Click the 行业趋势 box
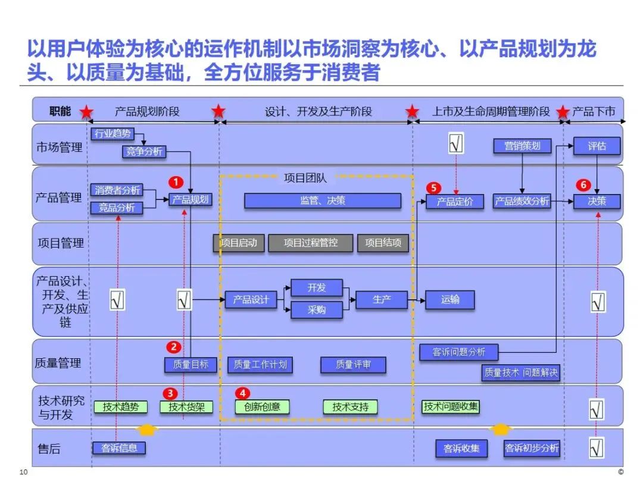114,133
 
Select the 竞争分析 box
143,151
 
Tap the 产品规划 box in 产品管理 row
191,200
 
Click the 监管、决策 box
322,201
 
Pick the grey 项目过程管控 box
310,243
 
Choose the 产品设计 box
251,300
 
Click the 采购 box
317,310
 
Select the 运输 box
450,300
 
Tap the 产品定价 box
455,202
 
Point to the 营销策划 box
522,145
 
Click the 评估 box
597,146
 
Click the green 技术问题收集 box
451,406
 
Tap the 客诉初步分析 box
532,448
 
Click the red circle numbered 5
433,187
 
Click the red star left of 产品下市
563,112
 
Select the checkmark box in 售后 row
597,447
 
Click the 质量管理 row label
58,362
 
